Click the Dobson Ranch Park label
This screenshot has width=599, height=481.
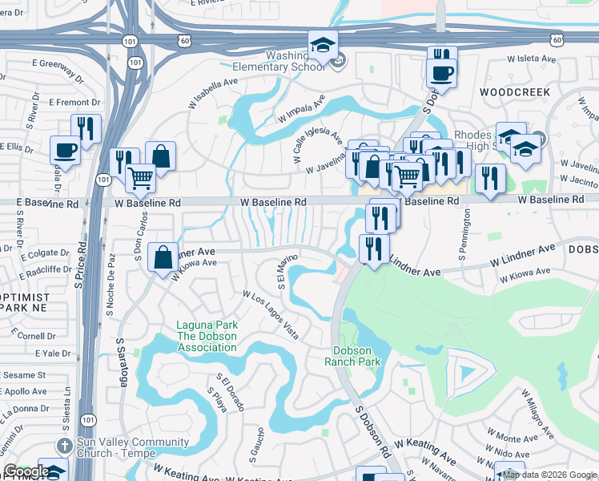pyautogui.click(x=357, y=356)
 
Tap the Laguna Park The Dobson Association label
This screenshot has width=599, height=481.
pyautogui.click(x=207, y=337)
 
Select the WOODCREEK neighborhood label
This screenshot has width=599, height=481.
pyautogui.click(x=515, y=93)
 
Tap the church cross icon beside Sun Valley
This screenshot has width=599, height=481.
pyautogui.click(x=65, y=445)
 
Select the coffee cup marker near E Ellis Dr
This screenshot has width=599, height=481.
pyautogui.click(x=65, y=149)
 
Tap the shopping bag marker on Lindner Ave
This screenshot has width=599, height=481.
pyautogui.click(x=163, y=257)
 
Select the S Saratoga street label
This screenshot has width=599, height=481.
pyautogui.click(x=123, y=362)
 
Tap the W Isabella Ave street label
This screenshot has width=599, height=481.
pyautogui.click(x=214, y=94)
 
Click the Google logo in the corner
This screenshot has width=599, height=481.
pyautogui.click(x=26, y=471)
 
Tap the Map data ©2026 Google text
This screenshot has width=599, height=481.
pyautogui.click(x=549, y=475)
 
